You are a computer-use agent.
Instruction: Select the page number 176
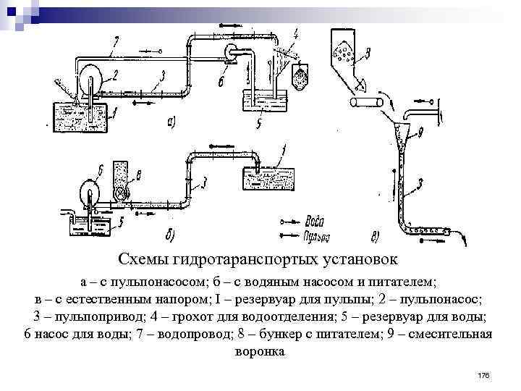pyautogui.click(x=484, y=375)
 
